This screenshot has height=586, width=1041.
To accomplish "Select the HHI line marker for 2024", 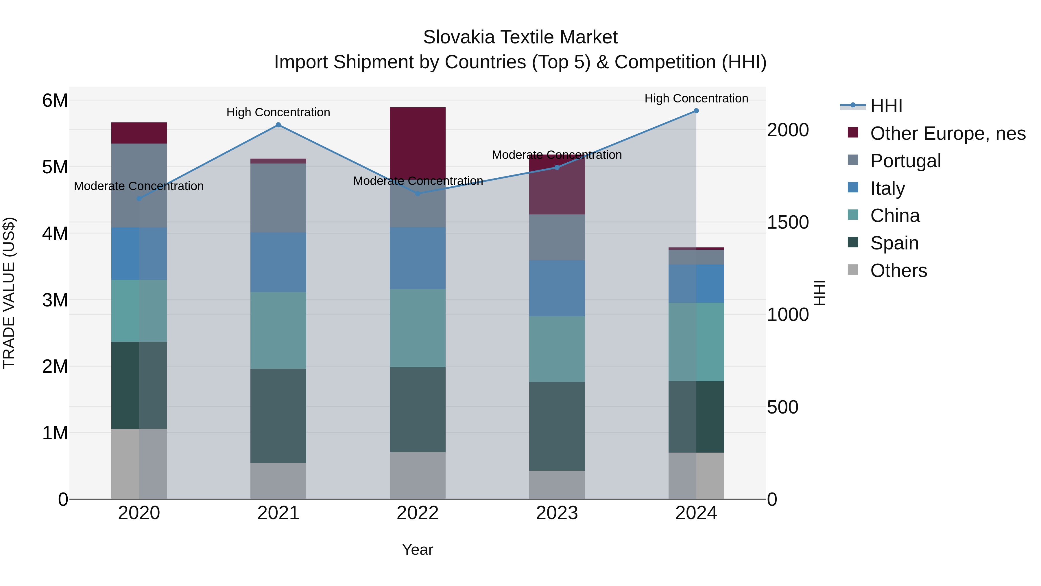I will click(x=696, y=111).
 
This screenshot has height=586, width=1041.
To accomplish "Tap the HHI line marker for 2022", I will click(x=418, y=194).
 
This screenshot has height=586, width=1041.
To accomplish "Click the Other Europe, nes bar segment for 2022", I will click(x=418, y=142).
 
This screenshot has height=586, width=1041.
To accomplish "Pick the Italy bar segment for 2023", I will click(x=557, y=288).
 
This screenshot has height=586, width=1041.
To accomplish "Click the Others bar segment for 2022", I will click(x=418, y=475).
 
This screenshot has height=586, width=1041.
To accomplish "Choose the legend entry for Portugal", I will click(x=905, y=161).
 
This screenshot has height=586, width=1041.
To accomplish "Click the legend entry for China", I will click(x=895, y=216).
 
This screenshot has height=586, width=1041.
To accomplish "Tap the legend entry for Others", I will click(x=898, y=271).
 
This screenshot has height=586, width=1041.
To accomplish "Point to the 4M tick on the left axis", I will click(x=55, y=233).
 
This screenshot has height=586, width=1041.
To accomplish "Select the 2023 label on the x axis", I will click(x=557, y=513).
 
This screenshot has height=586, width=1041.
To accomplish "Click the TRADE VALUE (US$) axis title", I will click(x=9, y=293).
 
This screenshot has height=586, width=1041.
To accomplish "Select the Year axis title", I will click(x=418, y=550).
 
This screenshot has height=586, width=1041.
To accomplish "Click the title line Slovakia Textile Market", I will click(x=520, y=37).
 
